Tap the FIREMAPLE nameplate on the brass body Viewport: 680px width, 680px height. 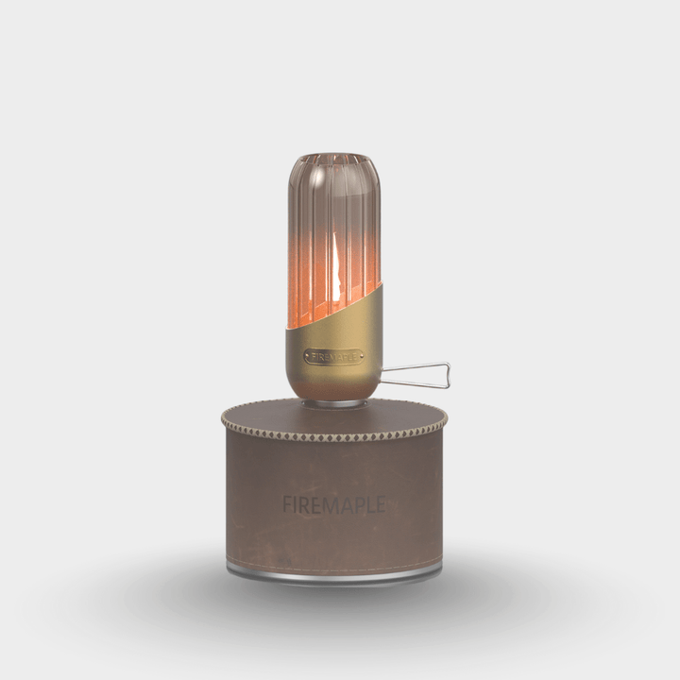coord(333,358)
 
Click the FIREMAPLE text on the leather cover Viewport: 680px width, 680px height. coord(333,505)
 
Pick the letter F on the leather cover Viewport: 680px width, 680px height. coord(287,505)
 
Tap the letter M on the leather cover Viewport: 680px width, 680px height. coord(331,505)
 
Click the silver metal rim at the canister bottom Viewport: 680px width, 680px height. coord(333,572)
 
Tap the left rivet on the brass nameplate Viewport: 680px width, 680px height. coord(308,358)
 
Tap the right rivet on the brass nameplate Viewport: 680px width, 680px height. coord(359,358)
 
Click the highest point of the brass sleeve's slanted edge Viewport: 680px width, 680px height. coord(381,281)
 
